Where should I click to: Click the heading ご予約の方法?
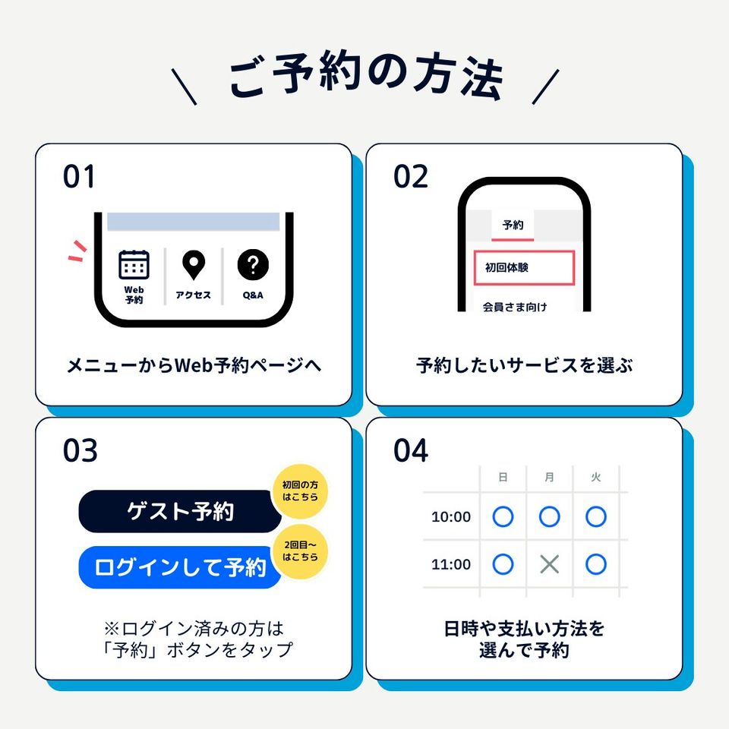[x=365, y=77]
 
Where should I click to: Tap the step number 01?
[x=79, y=177]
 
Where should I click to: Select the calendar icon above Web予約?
[x=134, y=264]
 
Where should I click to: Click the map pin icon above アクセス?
[x=194, y=265]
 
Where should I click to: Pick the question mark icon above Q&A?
[x=253, y=264]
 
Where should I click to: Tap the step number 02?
[x=411, y=177]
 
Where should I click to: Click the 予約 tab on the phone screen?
[x=513, y=225]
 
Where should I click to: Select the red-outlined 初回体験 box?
[x=525, y=268]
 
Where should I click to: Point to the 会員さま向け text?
[x=515, y=307]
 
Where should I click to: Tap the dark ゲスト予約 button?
[x=180, y=511]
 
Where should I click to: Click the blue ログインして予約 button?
[x=180, y=567]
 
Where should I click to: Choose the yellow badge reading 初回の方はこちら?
[x=300, y=491]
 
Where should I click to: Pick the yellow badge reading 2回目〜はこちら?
[x=301, y=551]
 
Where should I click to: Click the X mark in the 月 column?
[x=550, y=564]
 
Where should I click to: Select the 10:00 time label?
[x=451, y=516]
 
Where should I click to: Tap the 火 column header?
[x=596, y=478]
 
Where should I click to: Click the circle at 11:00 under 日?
[x=503, y=564]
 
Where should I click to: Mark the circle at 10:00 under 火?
[x=596, y=516]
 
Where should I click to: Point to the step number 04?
[x=411, y=450]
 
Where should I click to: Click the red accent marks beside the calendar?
[x=77, y=251]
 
